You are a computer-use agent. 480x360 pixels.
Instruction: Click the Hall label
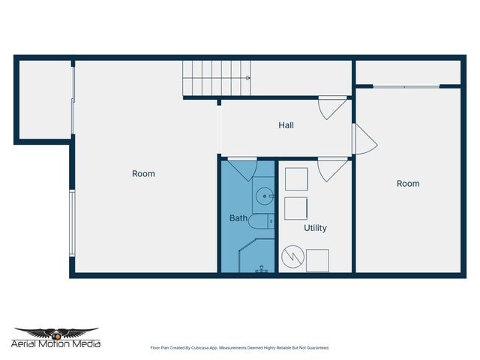tap(286, 125)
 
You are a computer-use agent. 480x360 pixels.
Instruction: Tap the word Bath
tap(238, 218)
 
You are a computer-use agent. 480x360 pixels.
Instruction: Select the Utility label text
tap(315, 227)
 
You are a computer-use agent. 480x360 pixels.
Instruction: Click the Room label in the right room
tap(408, 184)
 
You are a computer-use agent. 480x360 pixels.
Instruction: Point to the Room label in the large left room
tap(143, 174)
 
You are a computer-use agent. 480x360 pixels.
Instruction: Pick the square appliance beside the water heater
tap(317, 260)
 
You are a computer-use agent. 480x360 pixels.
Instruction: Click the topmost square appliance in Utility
tap(296, 179)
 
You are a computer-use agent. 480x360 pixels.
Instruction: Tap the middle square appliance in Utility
tap(295, 208)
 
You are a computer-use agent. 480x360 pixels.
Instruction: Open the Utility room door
tap(330, 169)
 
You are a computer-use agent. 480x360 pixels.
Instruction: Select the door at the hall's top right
tap(331, 109)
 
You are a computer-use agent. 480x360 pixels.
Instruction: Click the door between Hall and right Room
tap(364, 139)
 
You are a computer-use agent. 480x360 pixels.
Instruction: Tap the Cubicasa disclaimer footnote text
tap(239, 348)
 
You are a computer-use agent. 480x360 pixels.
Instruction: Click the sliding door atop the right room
tap(406, 87)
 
